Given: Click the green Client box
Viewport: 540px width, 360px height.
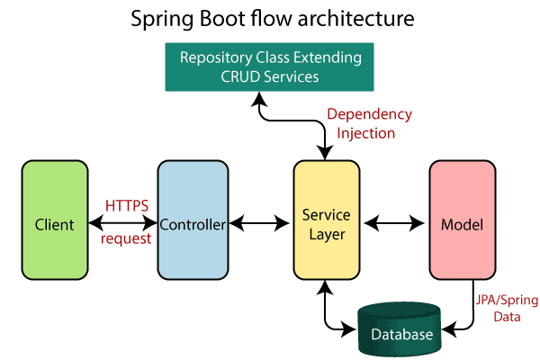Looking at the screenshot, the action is (55, 220).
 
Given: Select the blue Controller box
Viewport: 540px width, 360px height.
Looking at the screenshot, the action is (193, 220).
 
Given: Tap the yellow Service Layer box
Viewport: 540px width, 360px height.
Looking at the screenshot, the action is (327, 220).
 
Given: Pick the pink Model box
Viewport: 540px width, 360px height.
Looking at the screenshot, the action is (463, 220).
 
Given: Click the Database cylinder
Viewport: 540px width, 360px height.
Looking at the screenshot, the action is (400, 329).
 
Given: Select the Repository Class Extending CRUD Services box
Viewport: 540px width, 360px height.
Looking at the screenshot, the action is (269, 67).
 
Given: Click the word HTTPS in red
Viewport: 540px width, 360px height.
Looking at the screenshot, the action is (127, 206).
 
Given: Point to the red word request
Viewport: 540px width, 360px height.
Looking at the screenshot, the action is (126, 238).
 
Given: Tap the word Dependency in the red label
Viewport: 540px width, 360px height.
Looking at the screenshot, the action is (369, 114).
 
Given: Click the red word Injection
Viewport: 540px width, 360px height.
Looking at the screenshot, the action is (365, 133).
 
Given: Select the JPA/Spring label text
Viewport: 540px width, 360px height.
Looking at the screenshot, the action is (507, 301).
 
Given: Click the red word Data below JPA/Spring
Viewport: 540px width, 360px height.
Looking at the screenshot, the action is (507, 317).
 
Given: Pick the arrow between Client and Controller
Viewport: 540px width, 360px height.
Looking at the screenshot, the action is (123, 223).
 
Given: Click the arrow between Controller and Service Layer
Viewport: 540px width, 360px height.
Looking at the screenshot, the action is (259, 223).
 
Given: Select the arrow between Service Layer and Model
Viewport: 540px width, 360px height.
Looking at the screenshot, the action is (393, 223).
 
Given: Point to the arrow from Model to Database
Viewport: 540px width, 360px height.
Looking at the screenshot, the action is (472, 310).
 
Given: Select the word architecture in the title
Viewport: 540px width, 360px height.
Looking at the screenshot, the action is (355, 19).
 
